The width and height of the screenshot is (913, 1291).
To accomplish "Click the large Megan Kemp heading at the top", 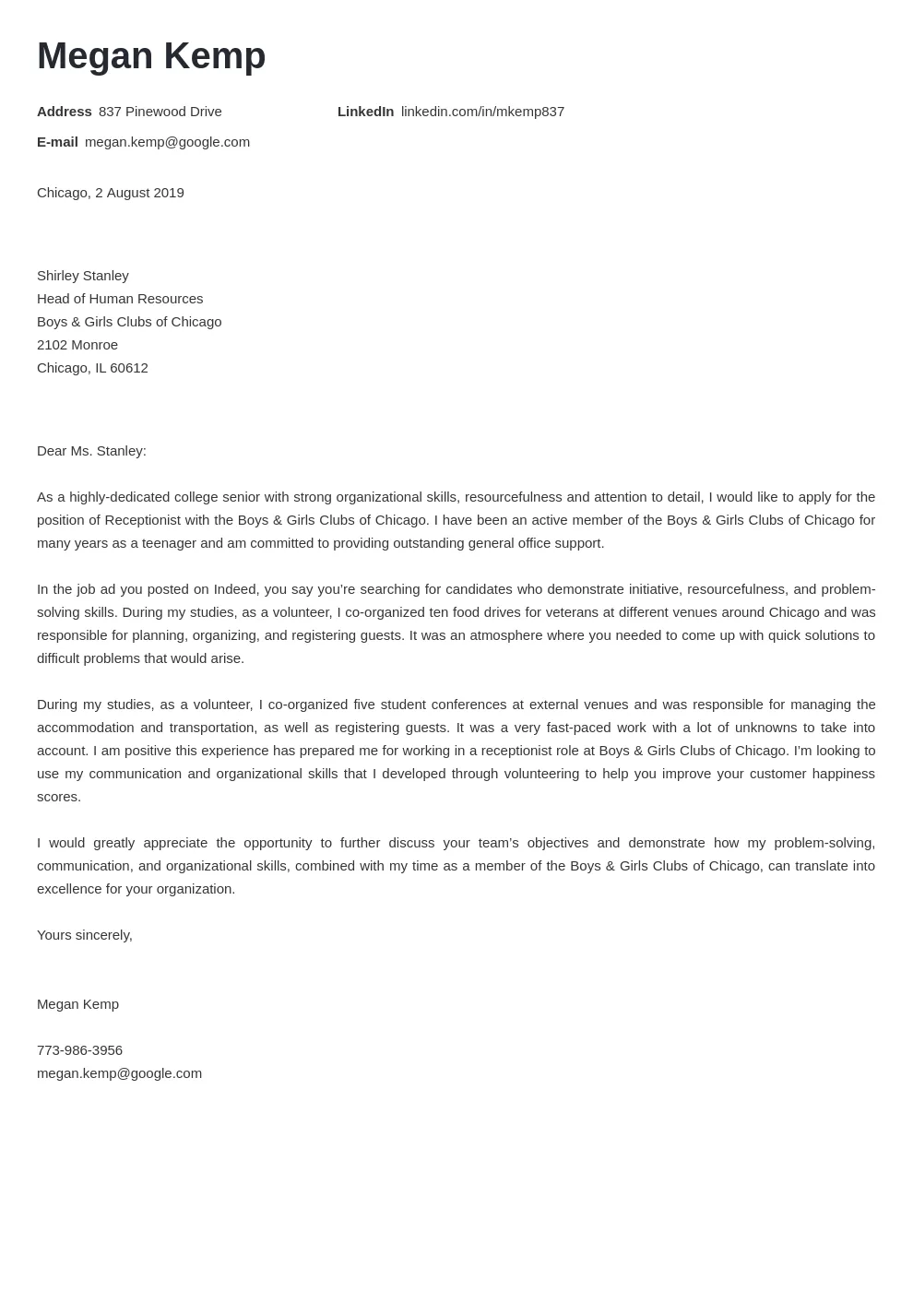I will click(x=151, y=56).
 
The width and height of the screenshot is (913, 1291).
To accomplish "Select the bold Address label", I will click(x=64, y=112).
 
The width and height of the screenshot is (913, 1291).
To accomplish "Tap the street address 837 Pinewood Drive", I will click(x=160, y=112).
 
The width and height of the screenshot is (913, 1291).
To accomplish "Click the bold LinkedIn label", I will click(x=365, y=112).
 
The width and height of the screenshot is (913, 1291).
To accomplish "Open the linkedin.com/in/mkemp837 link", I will click(x=482, y=112).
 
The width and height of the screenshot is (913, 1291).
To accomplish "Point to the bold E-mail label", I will click(x=57, y=142).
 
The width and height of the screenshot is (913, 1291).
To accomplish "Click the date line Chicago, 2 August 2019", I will click(x=110, y=193).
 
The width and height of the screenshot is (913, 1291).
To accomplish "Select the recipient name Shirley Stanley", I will click(x=82, y=276).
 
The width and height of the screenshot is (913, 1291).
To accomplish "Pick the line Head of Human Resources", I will click(x=120, y=299).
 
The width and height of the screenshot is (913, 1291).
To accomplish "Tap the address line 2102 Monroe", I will click(x=77, y=345).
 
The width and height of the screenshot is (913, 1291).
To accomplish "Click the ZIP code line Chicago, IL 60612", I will click(x=92, y=368).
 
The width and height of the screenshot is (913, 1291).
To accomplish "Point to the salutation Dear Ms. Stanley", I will click(x=91, y=451).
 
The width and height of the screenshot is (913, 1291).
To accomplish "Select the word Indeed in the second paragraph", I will click(x=237, y=589).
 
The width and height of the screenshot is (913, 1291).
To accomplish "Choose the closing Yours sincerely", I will click(x=84, y=935).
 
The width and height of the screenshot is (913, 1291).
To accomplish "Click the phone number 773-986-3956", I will click(x=79, y=1050).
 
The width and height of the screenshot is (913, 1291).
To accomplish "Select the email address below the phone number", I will click(x=119, y=1073).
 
